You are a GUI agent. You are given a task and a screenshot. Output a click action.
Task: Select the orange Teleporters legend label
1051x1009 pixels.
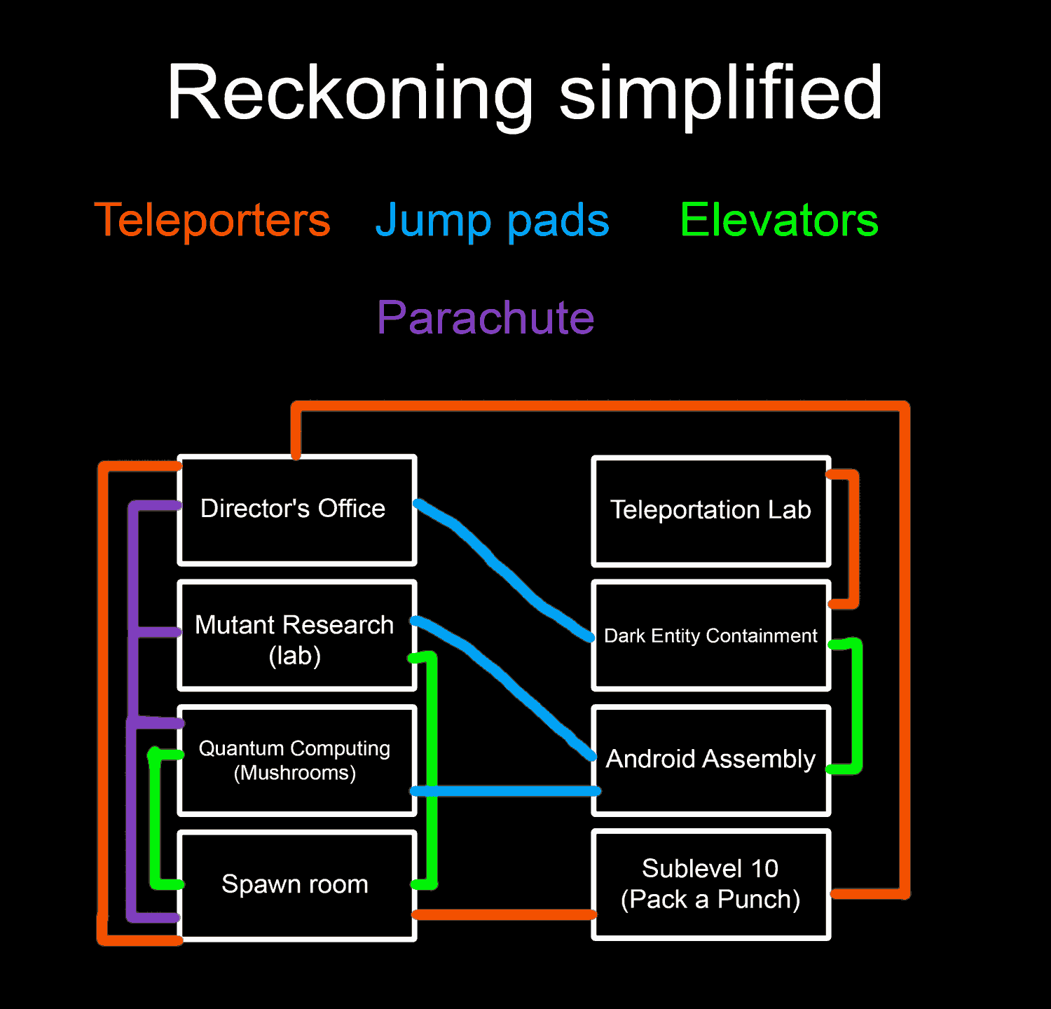coord(212,220)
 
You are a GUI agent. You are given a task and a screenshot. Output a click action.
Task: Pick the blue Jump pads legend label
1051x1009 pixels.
coord(493,220)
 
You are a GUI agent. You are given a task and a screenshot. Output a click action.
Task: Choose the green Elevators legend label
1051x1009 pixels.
coord(779,220)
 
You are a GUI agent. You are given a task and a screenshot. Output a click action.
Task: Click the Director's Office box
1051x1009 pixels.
coord(297,510)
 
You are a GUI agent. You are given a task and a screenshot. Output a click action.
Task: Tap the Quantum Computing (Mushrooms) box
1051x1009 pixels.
coord(297,761)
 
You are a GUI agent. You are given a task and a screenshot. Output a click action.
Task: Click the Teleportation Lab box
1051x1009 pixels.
coord(710,511)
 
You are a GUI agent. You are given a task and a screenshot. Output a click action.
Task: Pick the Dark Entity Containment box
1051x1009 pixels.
coord(710,636)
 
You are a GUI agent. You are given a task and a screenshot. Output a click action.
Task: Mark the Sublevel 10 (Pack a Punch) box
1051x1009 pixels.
coord(710,885)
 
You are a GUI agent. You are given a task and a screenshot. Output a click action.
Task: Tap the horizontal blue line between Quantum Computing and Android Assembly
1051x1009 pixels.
coord(504,791)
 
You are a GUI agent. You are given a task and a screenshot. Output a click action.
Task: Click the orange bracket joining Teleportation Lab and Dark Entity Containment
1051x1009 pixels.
coord(853,540)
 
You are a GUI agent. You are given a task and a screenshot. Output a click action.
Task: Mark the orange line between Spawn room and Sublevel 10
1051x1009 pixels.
coord(504,914)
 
